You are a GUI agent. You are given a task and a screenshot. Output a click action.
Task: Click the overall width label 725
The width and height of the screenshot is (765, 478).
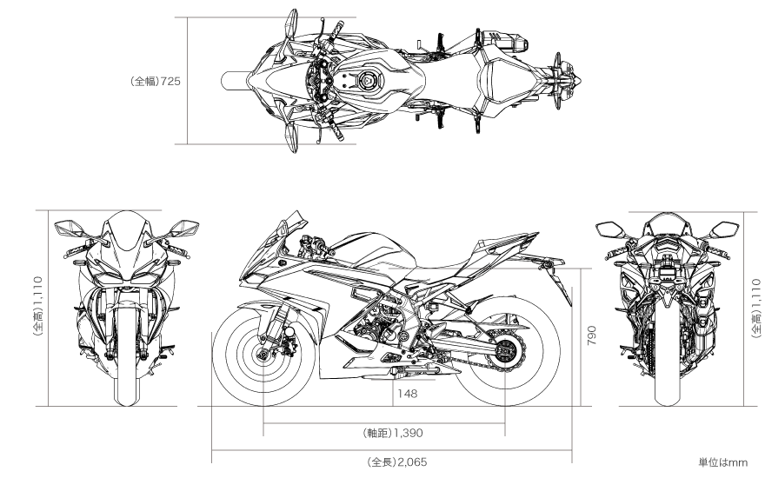(x=170, y=81)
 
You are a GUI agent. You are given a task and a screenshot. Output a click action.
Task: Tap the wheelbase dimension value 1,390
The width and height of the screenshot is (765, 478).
(x=409, y=433)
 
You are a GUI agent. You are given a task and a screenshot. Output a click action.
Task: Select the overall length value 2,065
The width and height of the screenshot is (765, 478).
(x=412, y=461)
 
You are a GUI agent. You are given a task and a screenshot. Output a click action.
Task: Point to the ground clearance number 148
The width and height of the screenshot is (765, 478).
(x=408, y=393)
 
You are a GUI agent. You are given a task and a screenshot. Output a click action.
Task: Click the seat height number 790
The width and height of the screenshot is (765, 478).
(x=591, y=335)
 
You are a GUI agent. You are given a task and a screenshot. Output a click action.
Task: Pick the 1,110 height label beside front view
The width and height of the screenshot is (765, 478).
(x=37, y=291)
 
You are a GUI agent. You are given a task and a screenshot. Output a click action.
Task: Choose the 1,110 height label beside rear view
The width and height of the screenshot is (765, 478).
(x=755, y=293)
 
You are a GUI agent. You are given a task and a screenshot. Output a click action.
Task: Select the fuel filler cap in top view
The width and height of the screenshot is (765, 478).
(x=365, y=81)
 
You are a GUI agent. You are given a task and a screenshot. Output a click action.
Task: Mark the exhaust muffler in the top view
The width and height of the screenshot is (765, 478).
(x=504, y=40)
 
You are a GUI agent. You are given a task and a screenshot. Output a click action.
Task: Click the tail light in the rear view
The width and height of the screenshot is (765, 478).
(x=668, y=242)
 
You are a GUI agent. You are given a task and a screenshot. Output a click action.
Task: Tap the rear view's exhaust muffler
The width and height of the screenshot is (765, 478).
(x=705, y=312)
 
